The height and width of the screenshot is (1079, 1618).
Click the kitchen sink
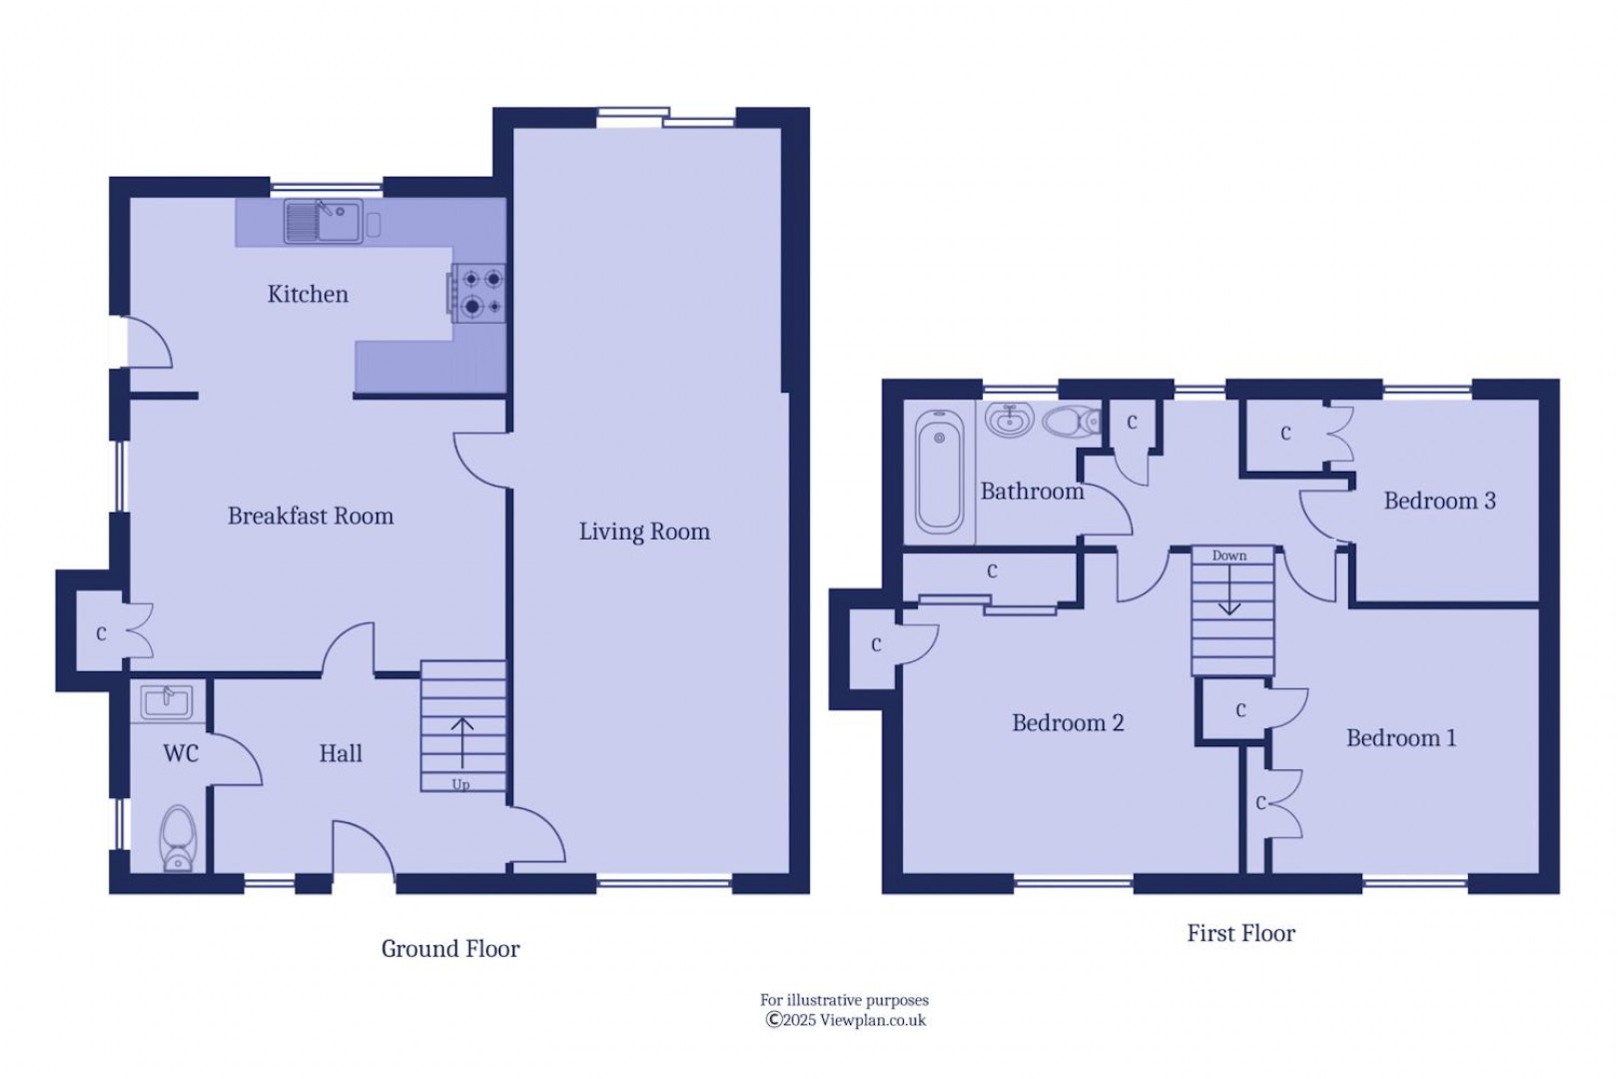(x=323, y=221)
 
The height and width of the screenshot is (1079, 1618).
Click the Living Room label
(x=644, y=532)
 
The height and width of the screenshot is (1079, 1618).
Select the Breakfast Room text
(x=311, y=517)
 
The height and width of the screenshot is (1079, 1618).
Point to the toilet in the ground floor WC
(x=178, y=838)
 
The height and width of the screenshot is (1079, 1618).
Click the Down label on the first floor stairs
(x=1229, y=555)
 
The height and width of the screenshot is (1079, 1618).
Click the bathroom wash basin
(x=1009, y=421)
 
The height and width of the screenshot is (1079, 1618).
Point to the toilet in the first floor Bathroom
(x=1070, y=422)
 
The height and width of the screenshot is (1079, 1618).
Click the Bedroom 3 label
(x=1439, y=502)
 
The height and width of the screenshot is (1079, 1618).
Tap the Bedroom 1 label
(x=1400, y=738)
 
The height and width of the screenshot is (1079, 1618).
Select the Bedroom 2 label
(x=1068, y=723)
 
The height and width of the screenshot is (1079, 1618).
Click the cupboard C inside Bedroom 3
(x=1285, y=434)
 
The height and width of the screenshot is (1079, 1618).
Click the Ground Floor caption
(x=450, y=949)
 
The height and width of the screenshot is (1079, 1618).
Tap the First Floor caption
(x=1240, y=934)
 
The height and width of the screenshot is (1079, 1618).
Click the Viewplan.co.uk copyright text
(x=846, y=1020)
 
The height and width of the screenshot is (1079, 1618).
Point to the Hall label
(x=341, y=754)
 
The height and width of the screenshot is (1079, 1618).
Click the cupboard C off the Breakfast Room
(x=101, y=633)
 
